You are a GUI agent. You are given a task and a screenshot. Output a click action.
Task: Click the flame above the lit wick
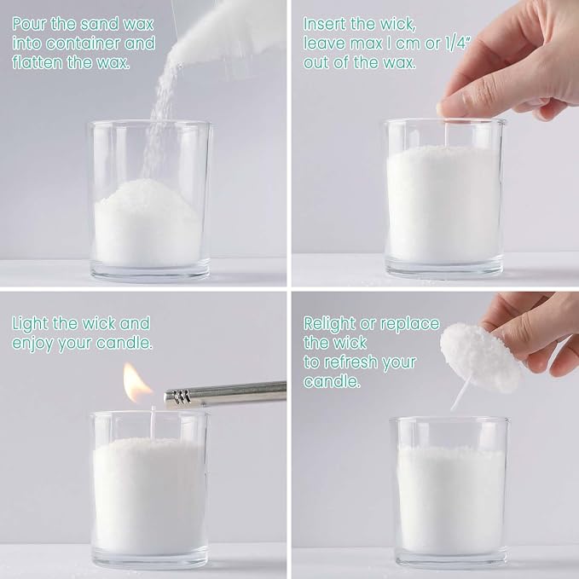136,383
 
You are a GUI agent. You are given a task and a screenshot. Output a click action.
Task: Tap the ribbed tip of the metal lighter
178,398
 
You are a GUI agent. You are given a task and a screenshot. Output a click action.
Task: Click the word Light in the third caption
30,324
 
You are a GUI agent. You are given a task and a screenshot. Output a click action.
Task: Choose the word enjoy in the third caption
32,345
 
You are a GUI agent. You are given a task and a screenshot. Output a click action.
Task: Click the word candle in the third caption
124,344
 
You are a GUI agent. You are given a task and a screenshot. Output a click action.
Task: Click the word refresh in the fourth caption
352,362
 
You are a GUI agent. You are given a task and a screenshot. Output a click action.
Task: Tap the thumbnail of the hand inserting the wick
441,109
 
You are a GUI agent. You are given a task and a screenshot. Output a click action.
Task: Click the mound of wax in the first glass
148,222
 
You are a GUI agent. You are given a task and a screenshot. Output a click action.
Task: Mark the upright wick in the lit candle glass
153,422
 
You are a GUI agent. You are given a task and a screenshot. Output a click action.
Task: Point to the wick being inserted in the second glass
447,134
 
